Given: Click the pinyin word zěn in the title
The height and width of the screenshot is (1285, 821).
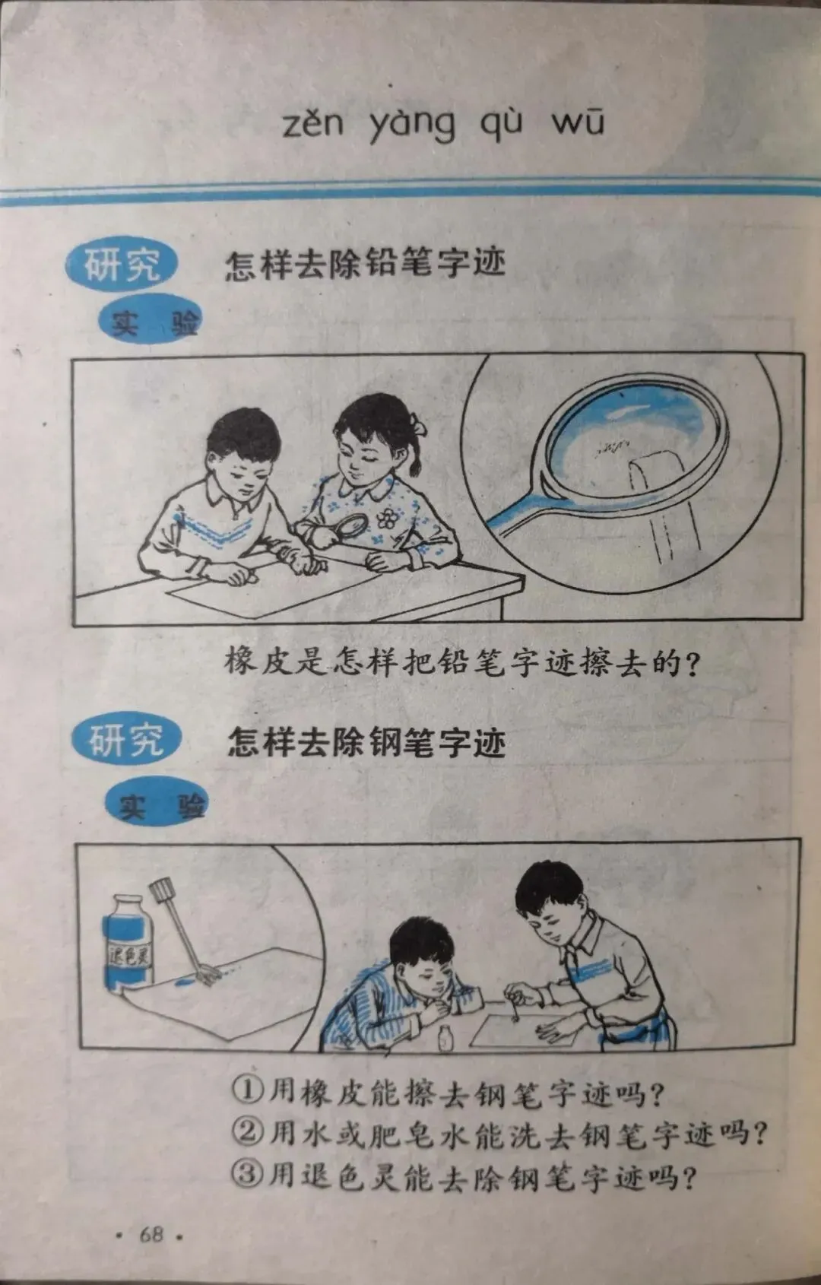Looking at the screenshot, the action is pos(313,123).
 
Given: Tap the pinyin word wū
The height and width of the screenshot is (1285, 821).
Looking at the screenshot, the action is pos(578,122).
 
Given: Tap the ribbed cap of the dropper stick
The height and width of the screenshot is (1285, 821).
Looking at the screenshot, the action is pos(162,891).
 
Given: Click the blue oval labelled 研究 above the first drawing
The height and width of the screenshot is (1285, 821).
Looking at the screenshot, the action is pos(122,265).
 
